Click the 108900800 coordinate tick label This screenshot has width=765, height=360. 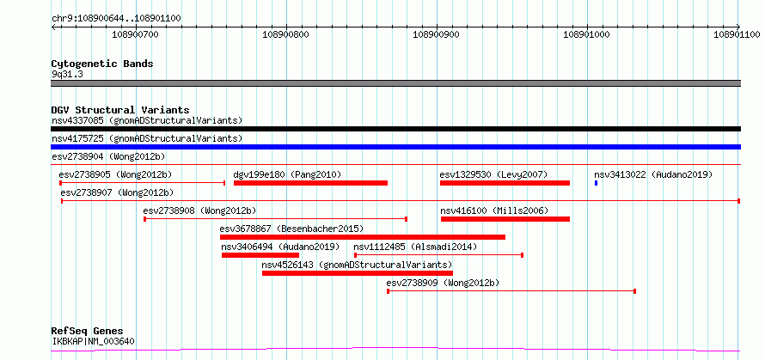point(285,34)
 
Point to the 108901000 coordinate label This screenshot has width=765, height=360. point(586,34)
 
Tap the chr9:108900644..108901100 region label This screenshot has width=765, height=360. point(116,19)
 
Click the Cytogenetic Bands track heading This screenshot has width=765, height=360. point(102,64)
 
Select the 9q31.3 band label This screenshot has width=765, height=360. point(67,75)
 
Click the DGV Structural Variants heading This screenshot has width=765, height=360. point(120,110)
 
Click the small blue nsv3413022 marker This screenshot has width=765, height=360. point(596,183)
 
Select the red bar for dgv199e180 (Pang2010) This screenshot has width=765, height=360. point(310,183)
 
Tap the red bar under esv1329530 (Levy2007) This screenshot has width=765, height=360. point(505,183)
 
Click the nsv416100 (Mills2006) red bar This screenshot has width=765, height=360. point(505,219)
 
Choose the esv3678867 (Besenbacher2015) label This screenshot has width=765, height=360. point(291,229)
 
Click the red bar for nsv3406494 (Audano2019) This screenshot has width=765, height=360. point(260,255)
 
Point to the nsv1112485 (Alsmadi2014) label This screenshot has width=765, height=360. point(415,247)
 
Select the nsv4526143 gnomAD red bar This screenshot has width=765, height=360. point(357,273)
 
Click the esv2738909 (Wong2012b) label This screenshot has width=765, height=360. point(443,283)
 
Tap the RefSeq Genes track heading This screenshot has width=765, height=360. point(87,332)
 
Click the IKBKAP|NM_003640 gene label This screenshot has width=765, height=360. point(93,341)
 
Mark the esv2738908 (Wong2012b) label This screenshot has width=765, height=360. point(199,211)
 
